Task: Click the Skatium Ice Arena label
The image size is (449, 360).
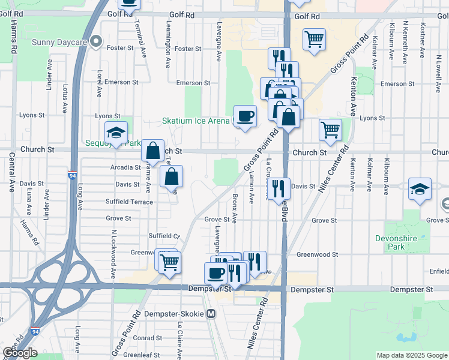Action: click(x=196, y=121)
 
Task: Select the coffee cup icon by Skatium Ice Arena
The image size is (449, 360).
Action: click(x=245, y=115)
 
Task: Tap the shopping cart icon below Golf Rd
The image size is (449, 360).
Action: click(x=314, y=40)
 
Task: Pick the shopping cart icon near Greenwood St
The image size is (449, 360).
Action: click(x=170, y=261)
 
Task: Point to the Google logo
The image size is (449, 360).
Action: click(x=20, y=353)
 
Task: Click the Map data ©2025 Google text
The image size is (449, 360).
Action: click(x=412, y=355)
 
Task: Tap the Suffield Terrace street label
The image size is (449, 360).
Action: click(x=129, y=202)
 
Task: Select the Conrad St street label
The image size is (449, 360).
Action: click(x=143, y=337)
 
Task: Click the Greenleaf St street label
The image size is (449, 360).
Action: click(x=142, y=355)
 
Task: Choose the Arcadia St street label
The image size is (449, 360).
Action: click(x=125, y=167)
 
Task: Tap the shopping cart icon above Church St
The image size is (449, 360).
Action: click(x=330, y=130)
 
